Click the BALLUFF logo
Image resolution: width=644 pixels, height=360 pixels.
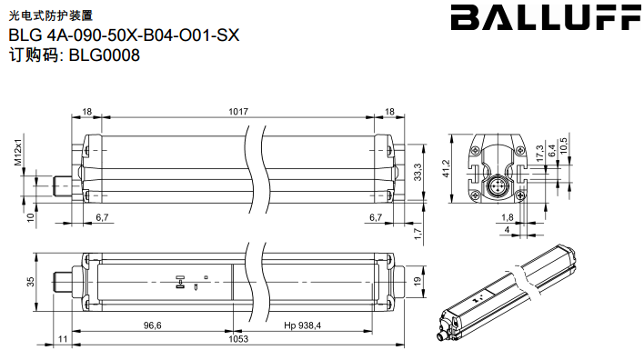point(547,17)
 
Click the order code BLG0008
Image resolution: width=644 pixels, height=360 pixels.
point(105,55)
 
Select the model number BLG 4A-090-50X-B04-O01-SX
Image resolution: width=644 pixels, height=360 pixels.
point(124,35)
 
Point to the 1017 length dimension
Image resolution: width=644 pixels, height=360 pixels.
point(238,111)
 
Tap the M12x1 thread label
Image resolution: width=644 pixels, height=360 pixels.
point(18,149)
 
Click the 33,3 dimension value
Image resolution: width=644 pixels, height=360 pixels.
point(418,172)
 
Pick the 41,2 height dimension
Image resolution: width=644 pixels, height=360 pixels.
point(447,169)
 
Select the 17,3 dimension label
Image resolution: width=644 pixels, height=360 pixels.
point(539,153)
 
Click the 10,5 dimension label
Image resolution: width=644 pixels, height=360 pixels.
point(564,145)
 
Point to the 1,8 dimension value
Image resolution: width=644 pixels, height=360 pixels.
point(508,217)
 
